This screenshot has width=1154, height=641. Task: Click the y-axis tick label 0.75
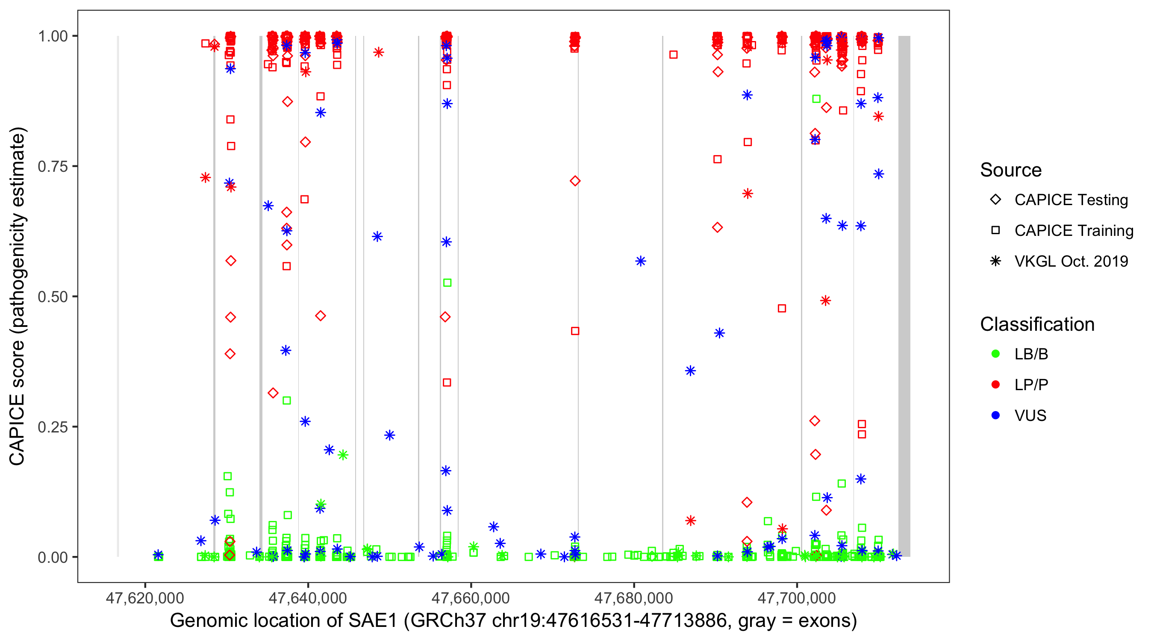[52, 167]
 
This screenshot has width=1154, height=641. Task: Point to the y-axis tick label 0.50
[52, 297]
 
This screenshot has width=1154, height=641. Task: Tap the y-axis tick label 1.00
[52, 36]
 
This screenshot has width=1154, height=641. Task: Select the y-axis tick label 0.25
[52, 427]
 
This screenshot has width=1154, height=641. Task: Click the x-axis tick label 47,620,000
[145, 598]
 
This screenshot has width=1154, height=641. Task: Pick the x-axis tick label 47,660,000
[471, 598]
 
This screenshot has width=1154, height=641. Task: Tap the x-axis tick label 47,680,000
[633, 598]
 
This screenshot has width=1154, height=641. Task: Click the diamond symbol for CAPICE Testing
[995, 200]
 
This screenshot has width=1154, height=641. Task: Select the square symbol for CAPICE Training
[995, 231]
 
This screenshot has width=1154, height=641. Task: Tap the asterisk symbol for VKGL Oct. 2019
[995, 261]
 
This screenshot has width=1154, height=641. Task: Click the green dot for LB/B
[995, 354]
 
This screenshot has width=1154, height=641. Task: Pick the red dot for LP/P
[995, 385]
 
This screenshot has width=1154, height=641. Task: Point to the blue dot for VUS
[995, 415]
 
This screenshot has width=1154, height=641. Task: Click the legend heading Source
[1011, 170]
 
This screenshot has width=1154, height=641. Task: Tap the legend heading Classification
[1037, 324]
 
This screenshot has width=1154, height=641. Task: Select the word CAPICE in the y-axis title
[17, 429]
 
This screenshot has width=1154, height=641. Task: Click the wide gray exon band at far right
[904, 296]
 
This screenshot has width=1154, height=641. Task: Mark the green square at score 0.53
[447, 282]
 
